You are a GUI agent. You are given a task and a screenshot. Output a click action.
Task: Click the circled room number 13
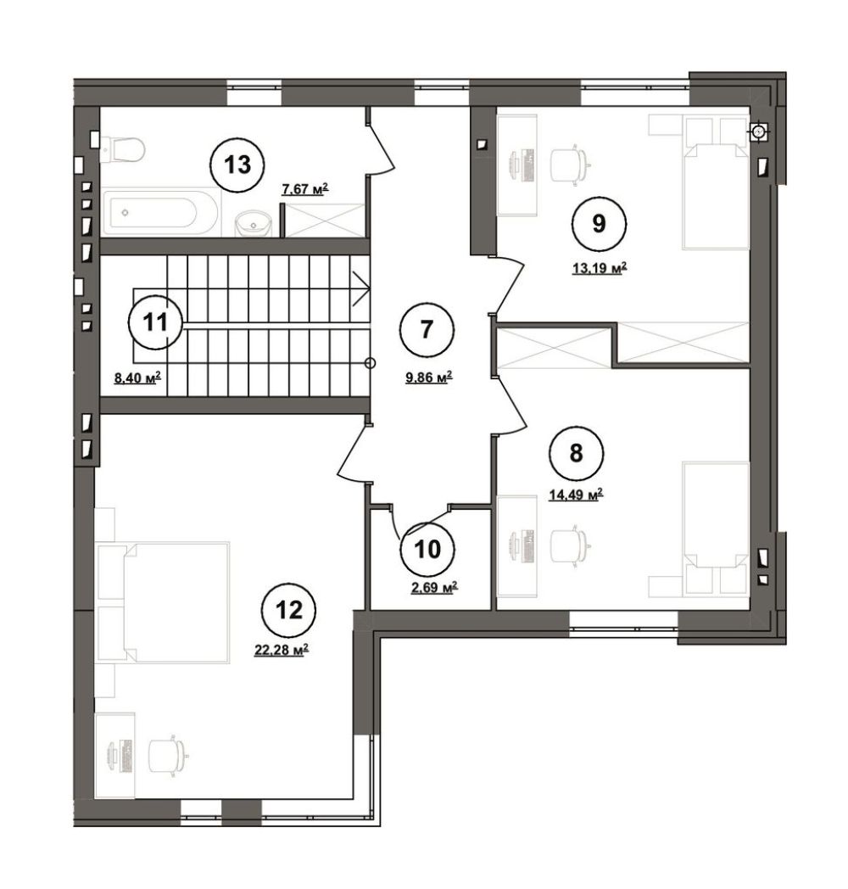[x=237, y=165]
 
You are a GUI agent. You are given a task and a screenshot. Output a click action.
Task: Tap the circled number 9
[x=600, y=223]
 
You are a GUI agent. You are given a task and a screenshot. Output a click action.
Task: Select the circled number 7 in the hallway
[x=427, y=329]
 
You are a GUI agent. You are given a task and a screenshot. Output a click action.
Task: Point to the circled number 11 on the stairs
[x=155, y=322]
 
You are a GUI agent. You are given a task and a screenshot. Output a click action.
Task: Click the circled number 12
[x=289, y=611]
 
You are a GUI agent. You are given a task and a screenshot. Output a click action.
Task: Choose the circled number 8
[x=576, y=454]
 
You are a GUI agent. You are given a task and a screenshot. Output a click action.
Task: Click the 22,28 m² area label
[x=282, y=651]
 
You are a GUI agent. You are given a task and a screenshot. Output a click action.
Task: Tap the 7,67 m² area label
[x=305, y=189]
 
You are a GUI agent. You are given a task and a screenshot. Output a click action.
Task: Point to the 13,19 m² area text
[x=600, y=268]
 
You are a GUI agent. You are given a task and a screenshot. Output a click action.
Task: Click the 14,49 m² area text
[x=575, y=495]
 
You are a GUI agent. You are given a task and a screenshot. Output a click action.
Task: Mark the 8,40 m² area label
[x=137, y=377]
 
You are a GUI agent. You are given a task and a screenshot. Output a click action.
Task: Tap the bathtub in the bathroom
[x=159, y=213]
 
